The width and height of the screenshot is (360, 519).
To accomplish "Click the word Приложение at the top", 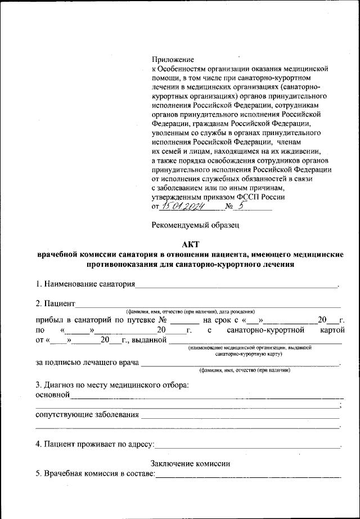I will click(173, 59).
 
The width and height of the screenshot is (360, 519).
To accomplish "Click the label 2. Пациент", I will click(55, 303).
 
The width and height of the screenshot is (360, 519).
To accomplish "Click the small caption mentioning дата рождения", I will click(190, 311).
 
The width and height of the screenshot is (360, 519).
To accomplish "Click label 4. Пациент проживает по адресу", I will click(94, 445).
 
